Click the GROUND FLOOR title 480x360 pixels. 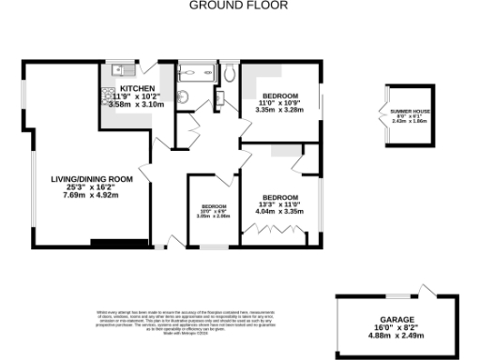239,6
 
